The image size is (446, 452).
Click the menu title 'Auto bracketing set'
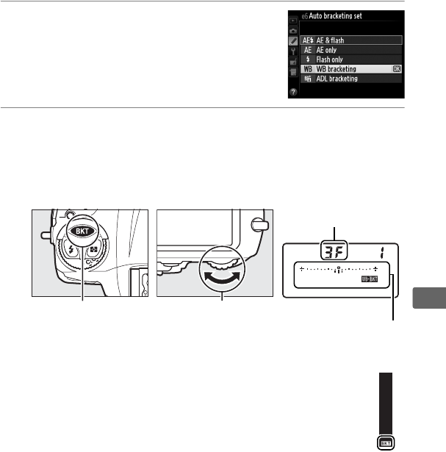point(348,15)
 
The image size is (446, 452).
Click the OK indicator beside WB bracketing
point(396,69)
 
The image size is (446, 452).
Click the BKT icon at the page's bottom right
point(386,443)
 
